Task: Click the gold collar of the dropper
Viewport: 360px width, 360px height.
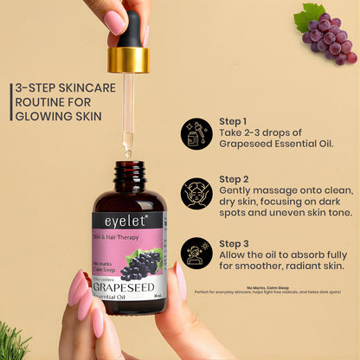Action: click(128, 59)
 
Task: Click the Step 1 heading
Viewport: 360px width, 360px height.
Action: click(234, 121)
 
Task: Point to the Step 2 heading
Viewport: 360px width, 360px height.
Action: click(234, 182)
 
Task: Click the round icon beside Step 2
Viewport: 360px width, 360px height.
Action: click(196, 193)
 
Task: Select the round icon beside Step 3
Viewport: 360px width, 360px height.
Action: click(196, 253)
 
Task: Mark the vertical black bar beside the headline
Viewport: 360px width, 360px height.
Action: click(10, 102)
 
